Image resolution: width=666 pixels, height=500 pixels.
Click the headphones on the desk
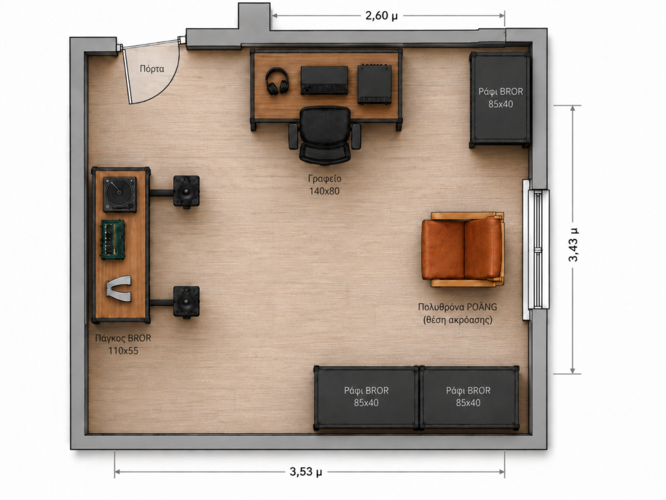point(277,81)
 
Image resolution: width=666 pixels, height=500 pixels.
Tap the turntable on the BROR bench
point(119,194)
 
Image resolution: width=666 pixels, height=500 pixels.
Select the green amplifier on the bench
point(113,239)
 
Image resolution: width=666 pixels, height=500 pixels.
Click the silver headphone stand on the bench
point(119,289)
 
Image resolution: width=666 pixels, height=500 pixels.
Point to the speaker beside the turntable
point(186,192)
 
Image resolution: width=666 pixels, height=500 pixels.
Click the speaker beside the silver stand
point(186,302)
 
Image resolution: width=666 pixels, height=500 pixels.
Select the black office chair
point(325,136)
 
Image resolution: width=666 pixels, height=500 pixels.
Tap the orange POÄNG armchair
point(463,249)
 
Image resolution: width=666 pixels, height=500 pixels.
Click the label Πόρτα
point(152,69)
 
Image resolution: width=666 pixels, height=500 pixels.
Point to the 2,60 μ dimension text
point(381,16)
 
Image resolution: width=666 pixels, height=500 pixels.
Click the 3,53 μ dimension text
point(306,472)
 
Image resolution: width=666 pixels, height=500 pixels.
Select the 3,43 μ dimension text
point(573,244)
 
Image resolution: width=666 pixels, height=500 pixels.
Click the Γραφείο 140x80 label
point(325,184)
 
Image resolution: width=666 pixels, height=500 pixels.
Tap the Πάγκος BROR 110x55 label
point(123,344)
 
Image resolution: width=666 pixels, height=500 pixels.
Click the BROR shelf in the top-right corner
point(500,99)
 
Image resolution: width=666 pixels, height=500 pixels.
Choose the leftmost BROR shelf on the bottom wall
point(366,398)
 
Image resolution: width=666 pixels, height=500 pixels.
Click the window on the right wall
point(536,249)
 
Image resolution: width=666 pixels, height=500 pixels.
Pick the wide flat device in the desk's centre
point(324,81)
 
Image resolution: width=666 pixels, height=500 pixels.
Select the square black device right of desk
point(375,84)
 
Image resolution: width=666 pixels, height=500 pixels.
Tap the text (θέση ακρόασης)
point(457,319)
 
